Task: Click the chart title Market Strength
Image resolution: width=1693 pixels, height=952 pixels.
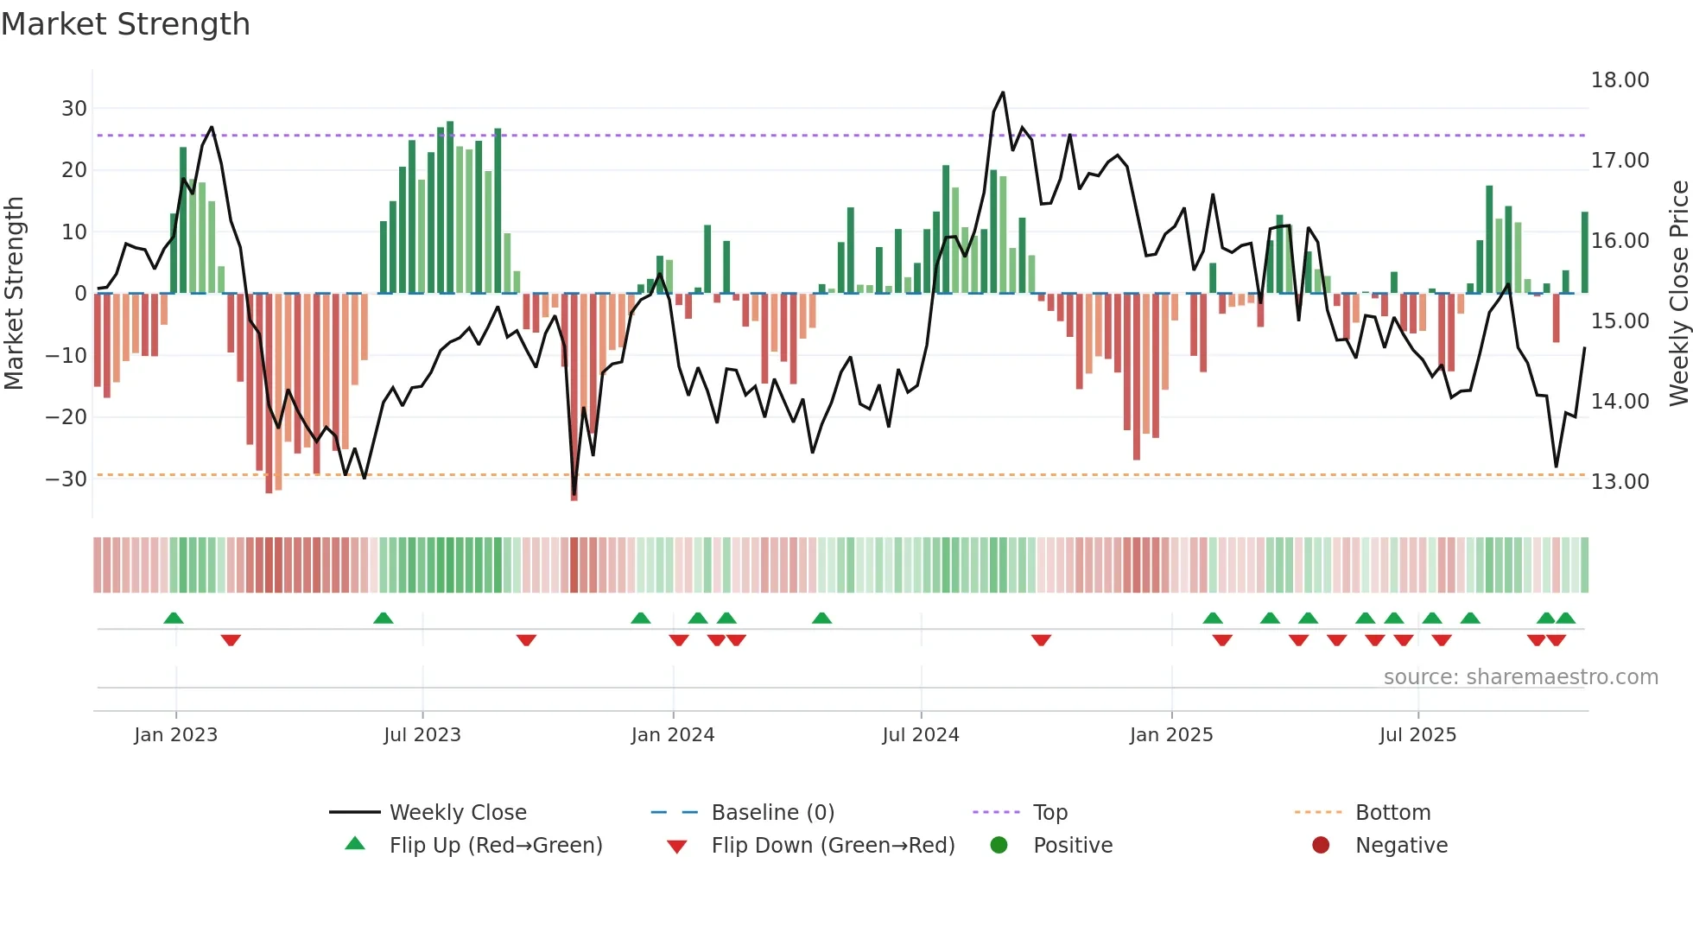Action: tap(125, 24)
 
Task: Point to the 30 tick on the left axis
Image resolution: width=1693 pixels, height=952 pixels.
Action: tap(74, 109)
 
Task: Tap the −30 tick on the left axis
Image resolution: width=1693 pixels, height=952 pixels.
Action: tap(67, 479)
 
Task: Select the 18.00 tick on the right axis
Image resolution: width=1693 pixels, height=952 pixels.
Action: tap(1620, 80)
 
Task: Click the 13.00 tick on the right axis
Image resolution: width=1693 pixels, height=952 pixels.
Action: tap(1620, 482)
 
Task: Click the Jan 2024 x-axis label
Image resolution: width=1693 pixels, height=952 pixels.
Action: tap(673, 735)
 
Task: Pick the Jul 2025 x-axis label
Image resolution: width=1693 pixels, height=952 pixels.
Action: tap(1417, 735)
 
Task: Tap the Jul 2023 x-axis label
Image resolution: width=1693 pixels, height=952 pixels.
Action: tap(422, 735)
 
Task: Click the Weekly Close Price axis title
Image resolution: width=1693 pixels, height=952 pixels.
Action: tap(1678, 294)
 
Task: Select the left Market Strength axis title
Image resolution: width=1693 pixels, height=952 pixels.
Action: tap(14, 294)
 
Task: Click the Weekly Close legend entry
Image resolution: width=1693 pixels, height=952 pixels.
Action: tap(457, 813)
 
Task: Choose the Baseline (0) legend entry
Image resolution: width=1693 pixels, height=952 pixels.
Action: tap(772, 813)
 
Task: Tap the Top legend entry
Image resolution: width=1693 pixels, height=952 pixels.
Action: tap(1049, 813)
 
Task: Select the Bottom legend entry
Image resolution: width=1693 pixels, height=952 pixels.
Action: tap(1392, 813)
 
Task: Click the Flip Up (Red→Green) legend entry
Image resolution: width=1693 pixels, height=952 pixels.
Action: tap(495, 846)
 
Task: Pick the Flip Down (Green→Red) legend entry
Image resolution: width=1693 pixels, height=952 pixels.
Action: tap(833, 846)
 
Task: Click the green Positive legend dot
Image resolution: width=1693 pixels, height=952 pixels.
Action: tap(999, 846)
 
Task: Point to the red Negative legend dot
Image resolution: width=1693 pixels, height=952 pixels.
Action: tap(1321, 846)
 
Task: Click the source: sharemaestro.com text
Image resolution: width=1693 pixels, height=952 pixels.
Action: tap(1520, 677)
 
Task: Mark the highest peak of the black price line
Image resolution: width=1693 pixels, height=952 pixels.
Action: tap(1003, 92)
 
